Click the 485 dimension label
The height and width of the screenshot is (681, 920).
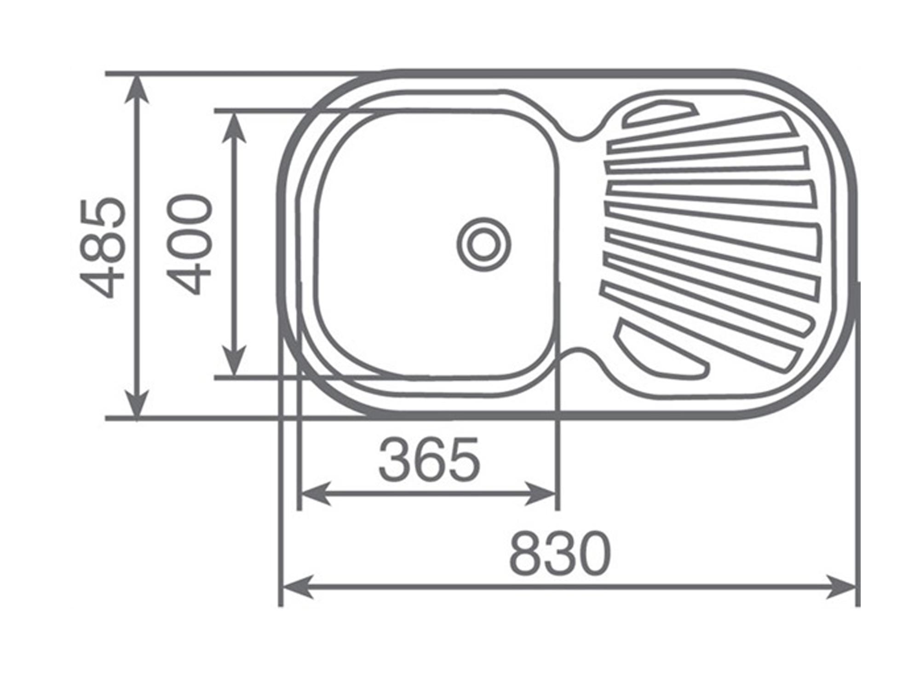102,248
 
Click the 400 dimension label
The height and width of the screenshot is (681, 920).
189,244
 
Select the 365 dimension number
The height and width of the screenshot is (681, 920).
429,460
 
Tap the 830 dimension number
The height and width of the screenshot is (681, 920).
560,553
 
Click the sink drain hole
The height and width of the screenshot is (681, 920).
483,244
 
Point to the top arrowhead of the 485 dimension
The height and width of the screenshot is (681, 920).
137,90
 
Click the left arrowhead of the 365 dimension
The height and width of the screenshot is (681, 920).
315,494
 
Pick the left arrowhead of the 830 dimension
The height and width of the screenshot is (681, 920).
297,587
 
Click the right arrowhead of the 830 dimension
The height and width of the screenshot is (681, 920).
842,587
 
